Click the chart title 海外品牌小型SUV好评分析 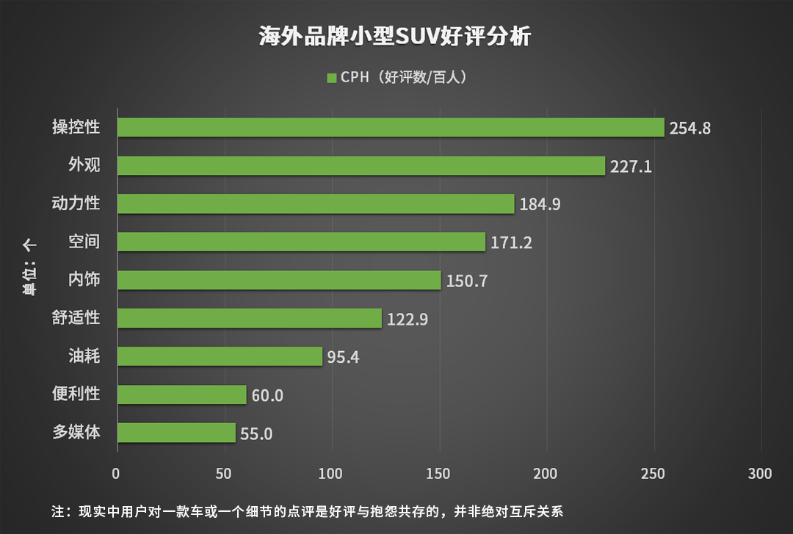395,36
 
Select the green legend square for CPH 331,77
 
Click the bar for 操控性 391,127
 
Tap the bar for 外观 361,165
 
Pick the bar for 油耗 220,356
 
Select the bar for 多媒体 176,433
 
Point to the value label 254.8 690,128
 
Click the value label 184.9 540,204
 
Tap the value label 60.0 268,395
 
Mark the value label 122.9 407,319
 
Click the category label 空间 84,242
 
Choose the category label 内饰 84,280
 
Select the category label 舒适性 76,318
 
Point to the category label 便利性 76,394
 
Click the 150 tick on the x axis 439,474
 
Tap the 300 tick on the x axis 760,474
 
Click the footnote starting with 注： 307,510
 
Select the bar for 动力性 316,203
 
